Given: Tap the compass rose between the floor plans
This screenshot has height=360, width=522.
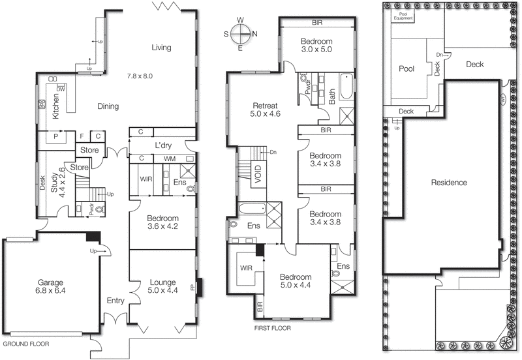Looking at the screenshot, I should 241,34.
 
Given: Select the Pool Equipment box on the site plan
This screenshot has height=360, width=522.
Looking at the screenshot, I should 402,15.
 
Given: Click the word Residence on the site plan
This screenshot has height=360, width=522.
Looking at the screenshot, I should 449,183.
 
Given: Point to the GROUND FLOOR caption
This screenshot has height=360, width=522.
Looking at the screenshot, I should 26,343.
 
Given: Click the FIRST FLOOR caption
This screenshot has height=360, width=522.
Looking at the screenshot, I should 272,328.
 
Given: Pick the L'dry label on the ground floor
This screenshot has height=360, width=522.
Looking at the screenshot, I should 162,144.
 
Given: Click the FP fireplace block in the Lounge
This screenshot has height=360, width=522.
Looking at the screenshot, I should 200,287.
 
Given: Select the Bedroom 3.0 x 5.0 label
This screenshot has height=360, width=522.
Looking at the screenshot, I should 317,44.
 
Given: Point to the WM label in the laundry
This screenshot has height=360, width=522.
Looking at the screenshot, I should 170,158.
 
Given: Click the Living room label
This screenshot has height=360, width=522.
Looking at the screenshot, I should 161,47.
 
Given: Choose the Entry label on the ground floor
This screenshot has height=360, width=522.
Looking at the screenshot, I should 115,301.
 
